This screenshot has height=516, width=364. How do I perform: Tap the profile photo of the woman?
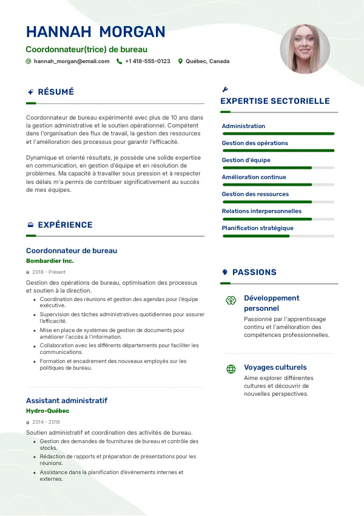pos(305,49)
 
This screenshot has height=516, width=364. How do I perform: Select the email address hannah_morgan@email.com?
pos(72,61)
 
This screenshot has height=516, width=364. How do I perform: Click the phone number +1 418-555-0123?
pos(147,61)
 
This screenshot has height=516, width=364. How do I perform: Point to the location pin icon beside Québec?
pos(180,61)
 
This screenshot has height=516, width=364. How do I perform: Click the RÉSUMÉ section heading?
pos(56,92)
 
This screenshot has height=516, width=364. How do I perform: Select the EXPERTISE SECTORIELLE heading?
pos(275,101)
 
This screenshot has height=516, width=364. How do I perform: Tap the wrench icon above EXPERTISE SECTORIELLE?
pos(226,89)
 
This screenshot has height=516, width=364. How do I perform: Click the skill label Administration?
pos(243,126)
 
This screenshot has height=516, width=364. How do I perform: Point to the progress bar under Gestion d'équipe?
pos(278,168)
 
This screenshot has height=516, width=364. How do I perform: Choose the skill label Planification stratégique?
pos(257,228)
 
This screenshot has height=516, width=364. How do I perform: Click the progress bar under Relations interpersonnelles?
pos(278,219)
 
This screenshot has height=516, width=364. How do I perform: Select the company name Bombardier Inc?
pos(50,261)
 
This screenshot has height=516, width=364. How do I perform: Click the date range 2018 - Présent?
pos(49,272)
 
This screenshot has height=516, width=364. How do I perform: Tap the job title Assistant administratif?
pos(67,401)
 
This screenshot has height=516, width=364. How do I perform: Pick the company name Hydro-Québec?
pos(48,411)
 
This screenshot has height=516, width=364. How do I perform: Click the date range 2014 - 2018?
pos(46,422)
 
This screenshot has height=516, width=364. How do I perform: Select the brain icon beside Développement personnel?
pos(231,300)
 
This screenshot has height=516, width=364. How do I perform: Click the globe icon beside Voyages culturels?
pos(231,368)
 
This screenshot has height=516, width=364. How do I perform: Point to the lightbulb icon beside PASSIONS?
pos(225,273)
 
